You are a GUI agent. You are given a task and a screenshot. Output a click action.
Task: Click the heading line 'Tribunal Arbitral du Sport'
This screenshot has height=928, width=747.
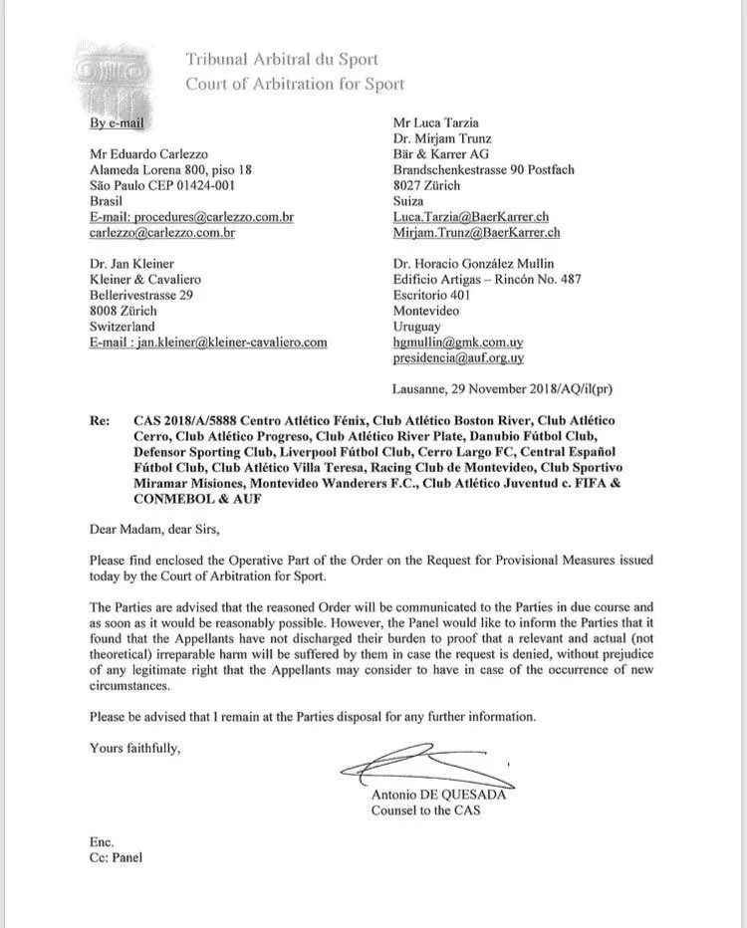[282, 60]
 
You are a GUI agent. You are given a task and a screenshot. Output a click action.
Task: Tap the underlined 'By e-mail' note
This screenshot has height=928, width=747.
[118, 123]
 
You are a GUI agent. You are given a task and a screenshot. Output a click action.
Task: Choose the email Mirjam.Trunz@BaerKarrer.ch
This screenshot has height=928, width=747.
[477, 233]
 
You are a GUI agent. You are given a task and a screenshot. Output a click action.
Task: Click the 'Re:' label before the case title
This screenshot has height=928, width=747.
[99, 421]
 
